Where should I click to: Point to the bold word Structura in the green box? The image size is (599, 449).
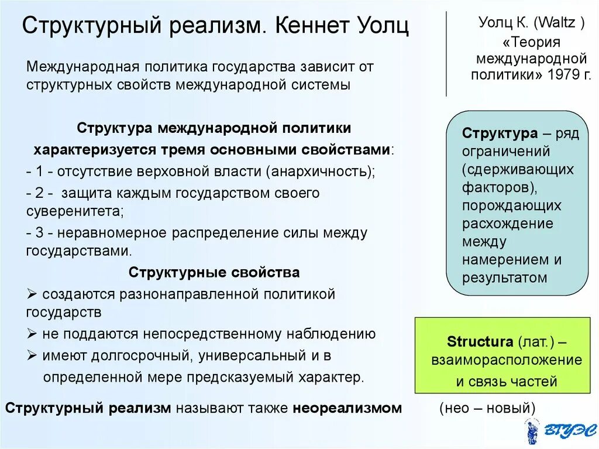(x=480, y=341)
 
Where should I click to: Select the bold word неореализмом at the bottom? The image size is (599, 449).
(x=347, y=408)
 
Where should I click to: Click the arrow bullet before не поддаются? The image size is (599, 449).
(x=32, y=334)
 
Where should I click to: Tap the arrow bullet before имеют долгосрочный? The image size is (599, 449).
(x=32, y=355)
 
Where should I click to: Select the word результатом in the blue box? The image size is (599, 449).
(x=505, y=277)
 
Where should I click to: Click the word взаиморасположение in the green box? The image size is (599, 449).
(x=507, y=360)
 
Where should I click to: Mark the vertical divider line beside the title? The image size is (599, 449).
(x=446, y=53)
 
